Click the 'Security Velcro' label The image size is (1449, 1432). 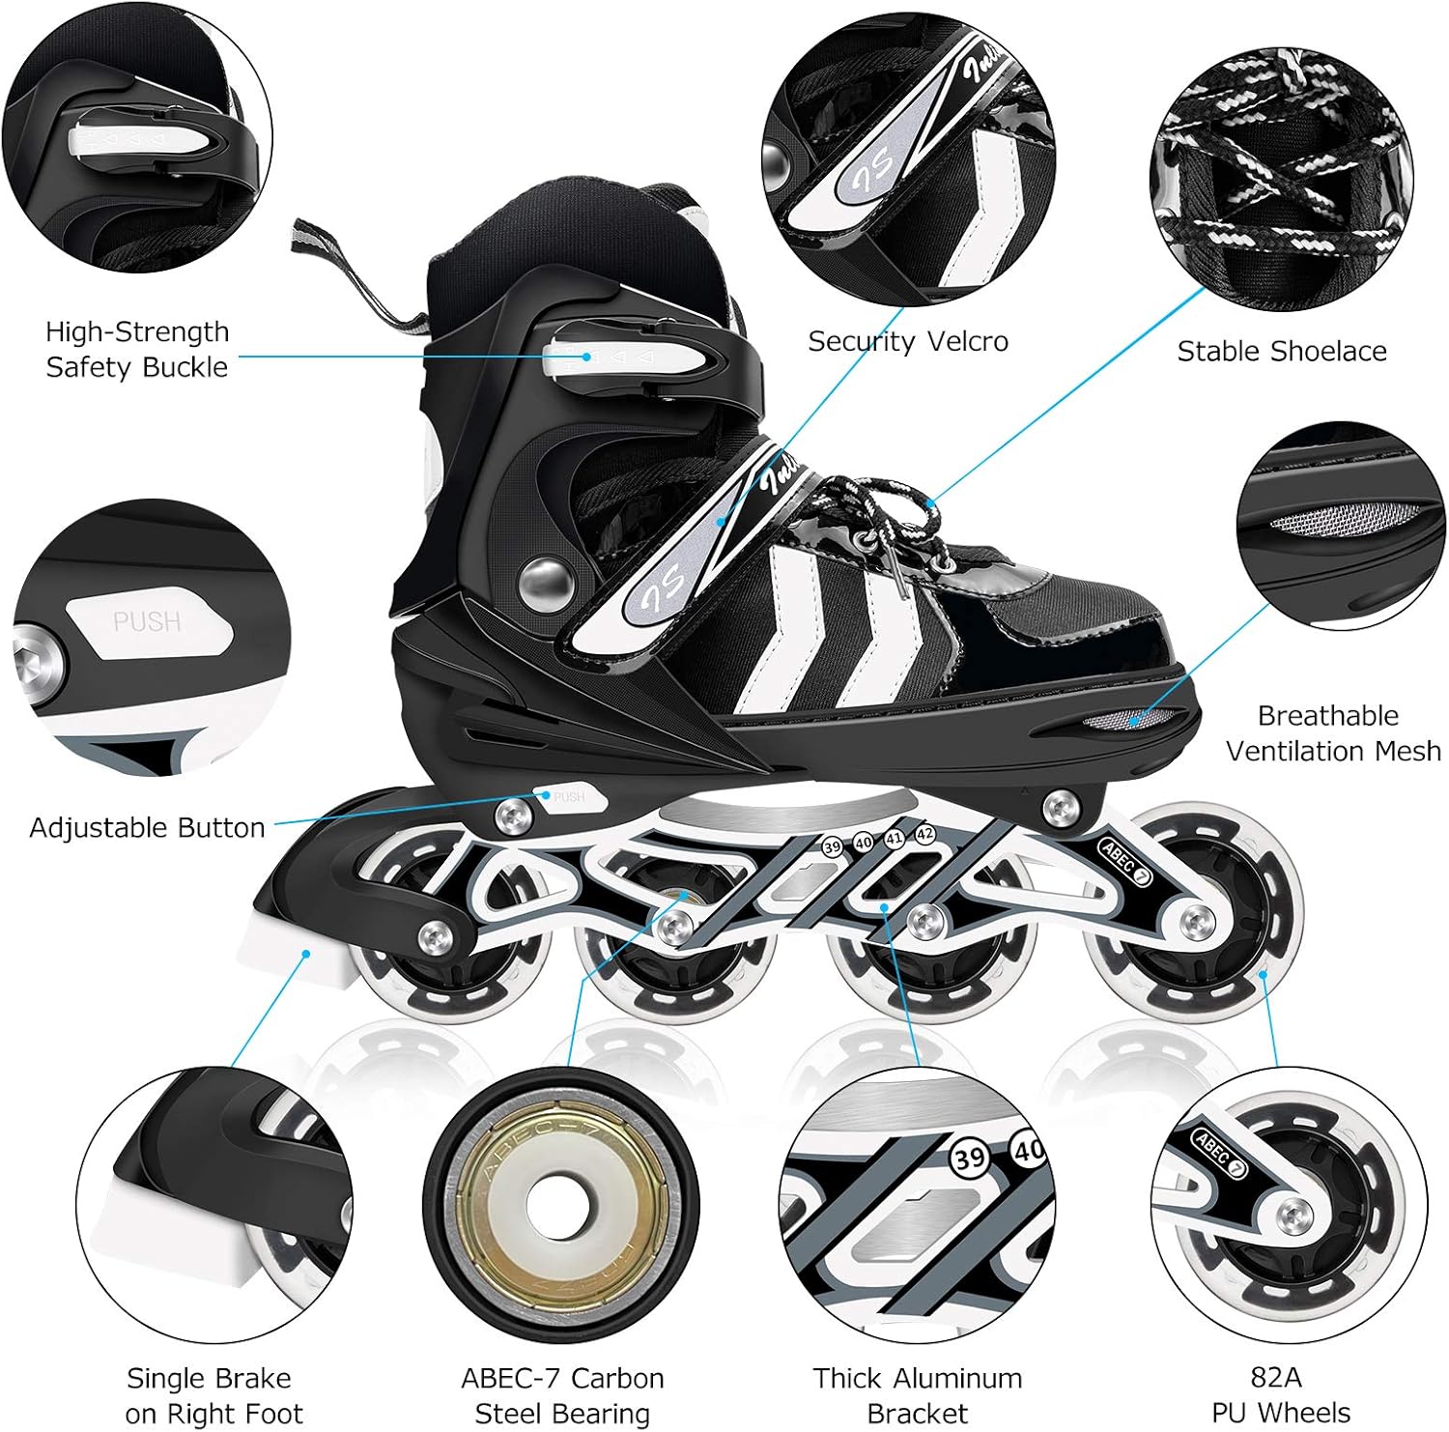pyautogui.click(x=907, y=341)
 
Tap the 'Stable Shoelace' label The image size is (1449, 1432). pyautogui.click(x=1281, y=351)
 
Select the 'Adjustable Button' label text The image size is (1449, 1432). pyautogui.click(x=147, y=828)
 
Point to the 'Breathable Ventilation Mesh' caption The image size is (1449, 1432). pyautogui.click(x=1332, y=732)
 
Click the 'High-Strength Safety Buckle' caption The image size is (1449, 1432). pyautogui.click(x=137, y=349)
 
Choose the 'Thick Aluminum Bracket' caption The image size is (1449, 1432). pyautogui.click(x=917, y=1394)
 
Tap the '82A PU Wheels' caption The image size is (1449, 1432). pyautogui.click(x=1280, y=1394)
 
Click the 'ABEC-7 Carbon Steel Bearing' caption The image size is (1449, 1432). pyautogui.click(x=562, y=1394)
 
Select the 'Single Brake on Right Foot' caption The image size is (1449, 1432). pyautogui.click(x=213, y=1394)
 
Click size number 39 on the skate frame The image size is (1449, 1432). pyautogui.click(x=832, y=846)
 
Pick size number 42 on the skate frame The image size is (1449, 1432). pyautogui.click(x=924, y=834)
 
